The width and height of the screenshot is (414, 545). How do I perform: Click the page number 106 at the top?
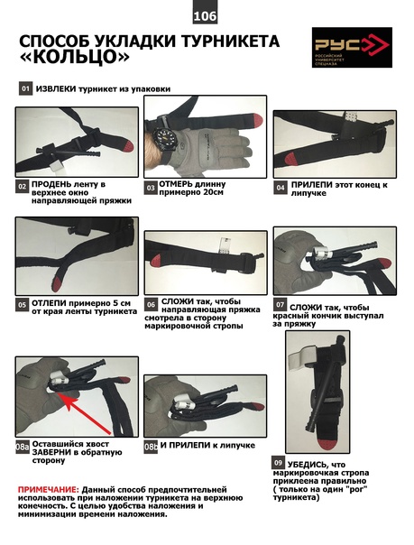[x=205, y=16]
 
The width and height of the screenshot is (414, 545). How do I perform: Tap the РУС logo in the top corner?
[x=352, y=47]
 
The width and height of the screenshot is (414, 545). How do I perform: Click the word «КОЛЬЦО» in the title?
[x=74, y=57]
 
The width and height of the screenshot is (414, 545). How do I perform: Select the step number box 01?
[x=25, y=88]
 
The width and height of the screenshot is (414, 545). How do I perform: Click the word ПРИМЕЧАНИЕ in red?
[x=49, y=490]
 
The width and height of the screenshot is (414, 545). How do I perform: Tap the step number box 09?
[x=278, y=463]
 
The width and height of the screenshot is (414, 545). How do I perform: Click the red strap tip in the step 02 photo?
[x=126, y=146]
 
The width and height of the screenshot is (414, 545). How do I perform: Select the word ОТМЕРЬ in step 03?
[x=174, y=184]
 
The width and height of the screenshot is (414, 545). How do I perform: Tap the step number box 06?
[x=151, y=305]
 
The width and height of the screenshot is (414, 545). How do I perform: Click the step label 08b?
[x=151, y=447]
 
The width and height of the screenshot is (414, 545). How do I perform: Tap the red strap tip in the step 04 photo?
[x=290, y=159]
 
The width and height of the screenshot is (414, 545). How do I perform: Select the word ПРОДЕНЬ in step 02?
[x=52, y=184]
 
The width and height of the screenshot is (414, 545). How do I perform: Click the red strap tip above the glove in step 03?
[x=256, y=120]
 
